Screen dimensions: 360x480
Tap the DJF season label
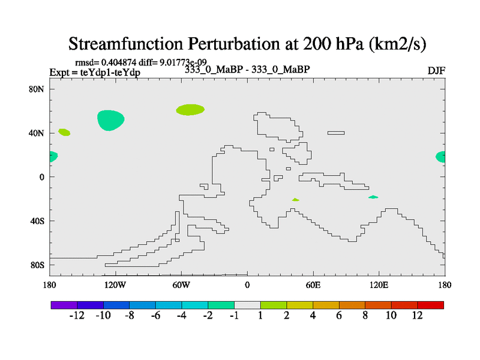(436, 70)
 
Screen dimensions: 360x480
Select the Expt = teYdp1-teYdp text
(95, 72)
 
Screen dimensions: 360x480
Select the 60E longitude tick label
(313, 284)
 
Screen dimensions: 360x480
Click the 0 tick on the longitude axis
(247, 284)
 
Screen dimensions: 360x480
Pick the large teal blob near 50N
(110, 120)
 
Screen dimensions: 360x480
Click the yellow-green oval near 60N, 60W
(190, 109)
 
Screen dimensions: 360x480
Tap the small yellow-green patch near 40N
(64, 132)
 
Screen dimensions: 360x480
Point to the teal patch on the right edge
(440, 157)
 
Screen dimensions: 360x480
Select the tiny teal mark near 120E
(373, 197)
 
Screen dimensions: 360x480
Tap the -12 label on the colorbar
(77, 316)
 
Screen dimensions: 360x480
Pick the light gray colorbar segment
(247, 305)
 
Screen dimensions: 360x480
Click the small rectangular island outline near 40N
(336, 133)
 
